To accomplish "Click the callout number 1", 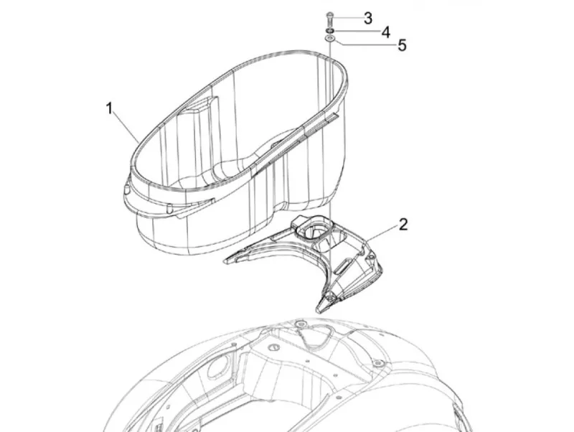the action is [x=109, y=108].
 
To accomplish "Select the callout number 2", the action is [x=403, y=225].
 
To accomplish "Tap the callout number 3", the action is [x=368, y=19].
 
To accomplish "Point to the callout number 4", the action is [x=386, y=32].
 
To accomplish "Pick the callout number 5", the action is [x=402, y=45].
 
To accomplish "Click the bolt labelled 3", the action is [x=329, y=18].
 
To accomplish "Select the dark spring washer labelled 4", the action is [x=329, y=31].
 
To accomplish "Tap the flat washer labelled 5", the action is [x=330, y=39].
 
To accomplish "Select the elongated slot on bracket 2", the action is [x=344, y=264].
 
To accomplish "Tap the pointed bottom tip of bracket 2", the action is [x=319, y=311].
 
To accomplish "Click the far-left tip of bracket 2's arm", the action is [x=225, y=260].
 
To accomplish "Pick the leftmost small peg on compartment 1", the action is [x=127, y=189].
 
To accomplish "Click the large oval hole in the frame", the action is [x=215, y=368].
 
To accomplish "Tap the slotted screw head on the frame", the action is [x=273, y=347].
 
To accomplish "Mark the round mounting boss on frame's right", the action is [x=378, y=363].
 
